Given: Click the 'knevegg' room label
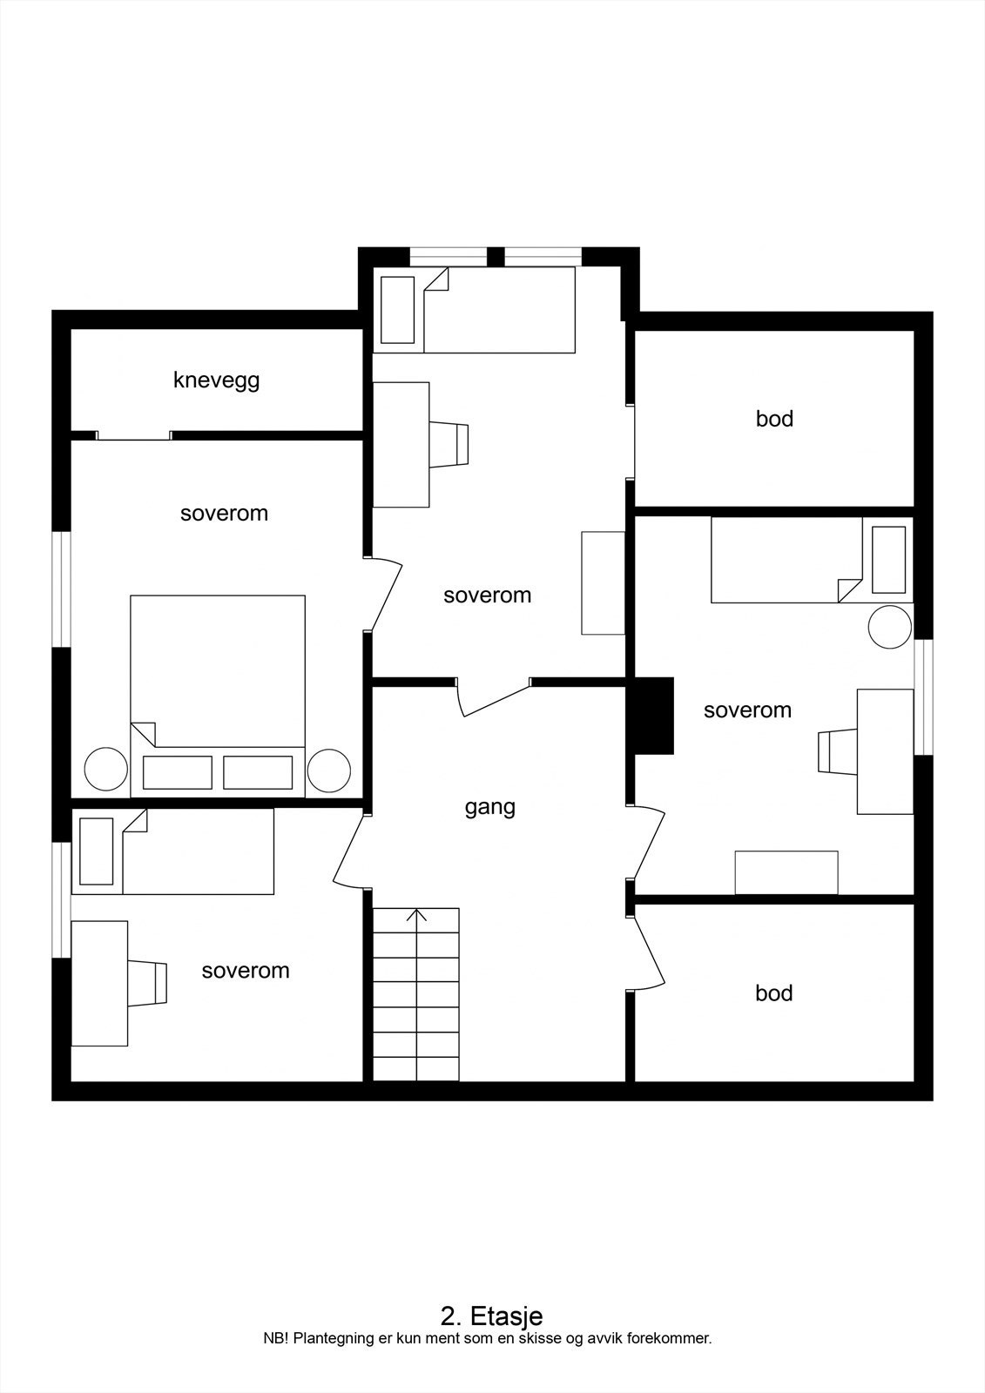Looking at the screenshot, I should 216,380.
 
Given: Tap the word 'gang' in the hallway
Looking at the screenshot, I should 489,807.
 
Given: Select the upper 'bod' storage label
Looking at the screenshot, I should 774,419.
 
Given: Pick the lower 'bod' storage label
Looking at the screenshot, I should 773,993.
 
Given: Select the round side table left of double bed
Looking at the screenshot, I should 105,771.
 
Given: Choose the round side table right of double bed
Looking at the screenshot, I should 329,771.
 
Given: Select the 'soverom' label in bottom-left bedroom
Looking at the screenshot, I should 245,970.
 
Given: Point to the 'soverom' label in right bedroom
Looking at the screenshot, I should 747,710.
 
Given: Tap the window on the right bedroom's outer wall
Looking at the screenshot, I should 924,697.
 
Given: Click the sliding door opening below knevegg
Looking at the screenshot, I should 133,435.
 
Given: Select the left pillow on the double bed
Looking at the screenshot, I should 178,772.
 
